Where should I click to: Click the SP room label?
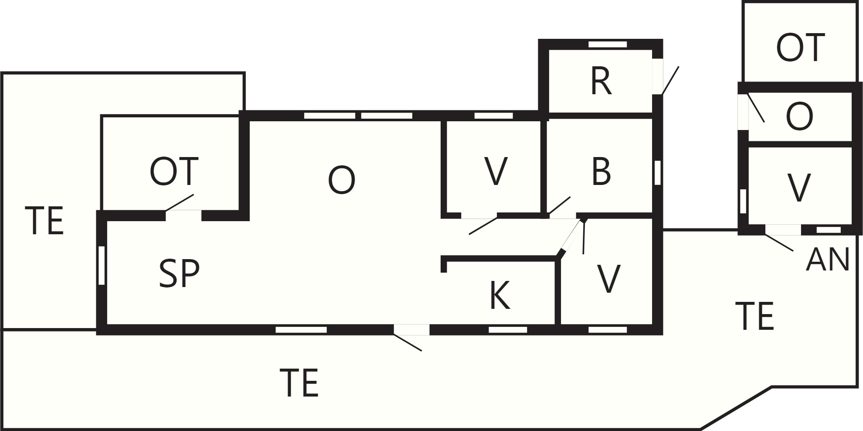click(x=179, y=274)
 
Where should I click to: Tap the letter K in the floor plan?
click(x=499, y=295)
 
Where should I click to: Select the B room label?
click(x=601, y=171)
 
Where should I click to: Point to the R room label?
click(x=601, y=82)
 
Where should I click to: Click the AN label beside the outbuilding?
click(x=828, y=260)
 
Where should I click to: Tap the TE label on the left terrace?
click(x=44, y=221)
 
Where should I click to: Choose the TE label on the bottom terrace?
click(x=299, y=383)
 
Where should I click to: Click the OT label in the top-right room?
click(x=801, y=47)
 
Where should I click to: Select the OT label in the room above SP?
click(x=174, y=171)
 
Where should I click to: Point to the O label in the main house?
click(x=342, y=181)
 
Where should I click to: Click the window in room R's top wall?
click(x=608, y=44)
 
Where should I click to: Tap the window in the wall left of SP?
click(x=102, y=266)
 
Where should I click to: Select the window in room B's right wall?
click(x=658, y=173)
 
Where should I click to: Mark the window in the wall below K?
click(x=508, y=329)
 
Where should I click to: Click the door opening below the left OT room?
click(x=183, y=215)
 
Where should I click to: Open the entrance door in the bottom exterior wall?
click(x=411, y=330)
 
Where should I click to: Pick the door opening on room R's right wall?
click(x=658, y=76)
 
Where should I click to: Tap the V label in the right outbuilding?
click(x=799, y=188)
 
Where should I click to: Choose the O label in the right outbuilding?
click(x=799, y=117)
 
